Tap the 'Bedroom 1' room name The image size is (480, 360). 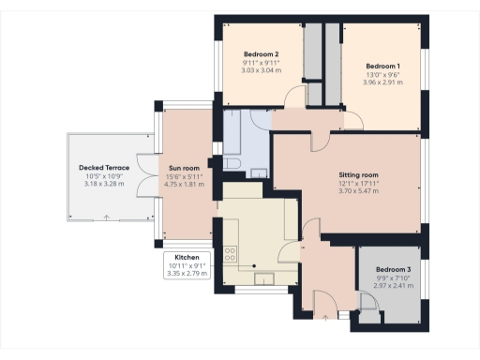coord(383,66)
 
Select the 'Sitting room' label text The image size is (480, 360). coord(357,174)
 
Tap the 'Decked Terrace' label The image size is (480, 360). coord(103,168)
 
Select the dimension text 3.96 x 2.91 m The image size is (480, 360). coord(383,82)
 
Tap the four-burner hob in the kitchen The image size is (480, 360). coord(230,257)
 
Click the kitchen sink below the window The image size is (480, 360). coord(266,279)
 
